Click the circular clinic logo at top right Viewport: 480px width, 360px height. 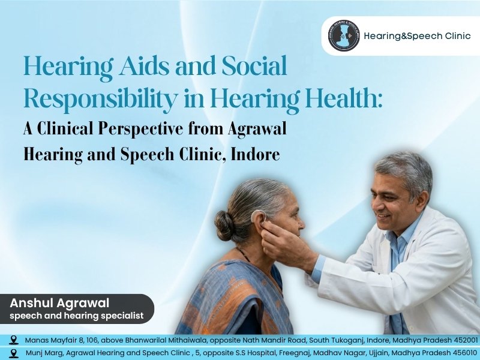coord(344,36)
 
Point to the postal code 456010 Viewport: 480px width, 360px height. coord(463,352)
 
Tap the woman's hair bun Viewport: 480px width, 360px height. coord(225,226)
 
